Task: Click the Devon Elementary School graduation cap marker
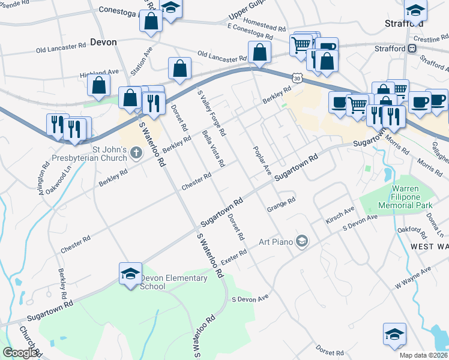click(x=130, y=274)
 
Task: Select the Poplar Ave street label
click(x=263, y=160)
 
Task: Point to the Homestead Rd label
click(x=265, y=28)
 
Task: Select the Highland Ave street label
click(x=100, y=73)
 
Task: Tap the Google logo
click(x=20, y=353)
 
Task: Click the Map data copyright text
click(x=423, y=355)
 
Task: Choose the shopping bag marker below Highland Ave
click(x=98, y=85)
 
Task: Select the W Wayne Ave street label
click(x=412, y=277)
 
